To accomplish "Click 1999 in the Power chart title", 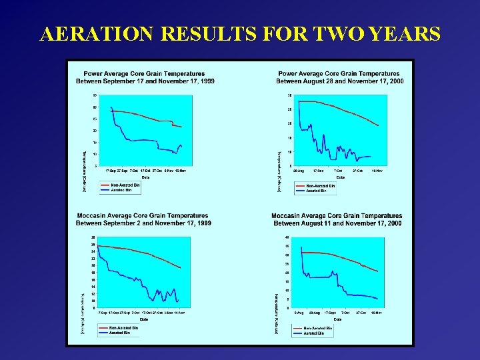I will (x=205, y=81).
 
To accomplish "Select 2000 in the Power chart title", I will (x=396, y=81).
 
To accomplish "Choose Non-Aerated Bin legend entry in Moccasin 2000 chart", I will (x=321, y=328).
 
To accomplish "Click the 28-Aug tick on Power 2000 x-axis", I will (x=300, y=171).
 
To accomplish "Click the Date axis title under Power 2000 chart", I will (x=339, y=177).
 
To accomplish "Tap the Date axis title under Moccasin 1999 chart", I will (x=144, y=319).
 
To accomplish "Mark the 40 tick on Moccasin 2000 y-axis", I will (x=287, y=237).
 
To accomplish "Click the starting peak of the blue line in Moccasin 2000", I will (x=301, y=247).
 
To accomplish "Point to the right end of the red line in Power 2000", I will (x=379, y=125).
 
